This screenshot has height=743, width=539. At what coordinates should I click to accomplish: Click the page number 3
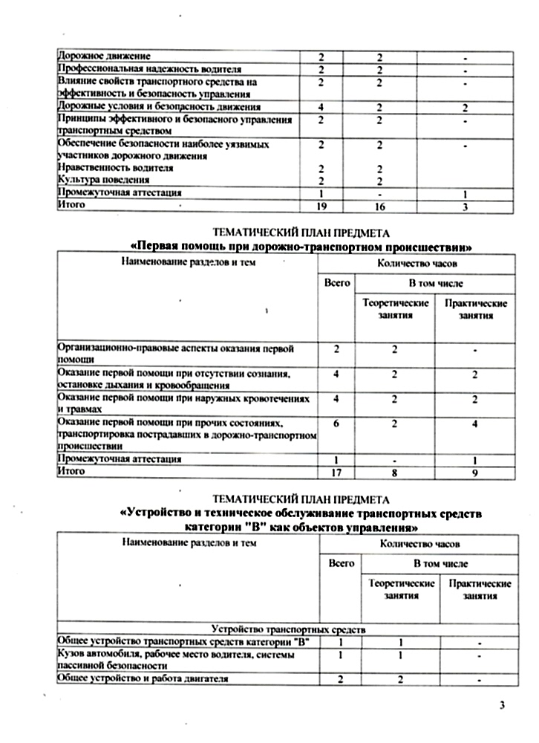[x=503, y=705]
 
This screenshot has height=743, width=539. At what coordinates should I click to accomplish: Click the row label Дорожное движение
[x=104, y=56]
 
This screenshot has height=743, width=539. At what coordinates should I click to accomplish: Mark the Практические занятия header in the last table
[x=476, y=590]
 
